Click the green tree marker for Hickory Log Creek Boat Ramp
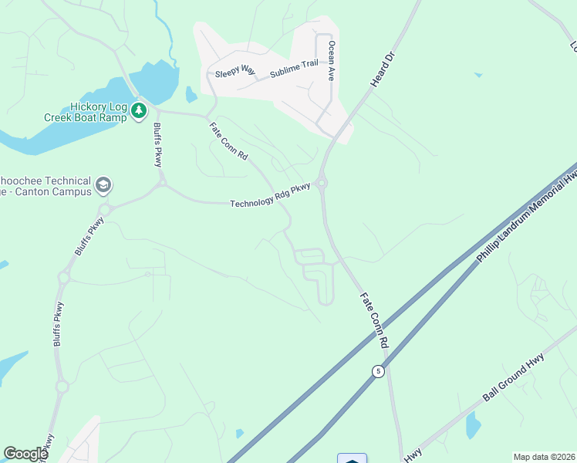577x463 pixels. coord(139,111)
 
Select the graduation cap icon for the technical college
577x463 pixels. coord(103,186)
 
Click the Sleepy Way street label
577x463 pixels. coord(235,70)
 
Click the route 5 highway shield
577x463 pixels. coord(377,371)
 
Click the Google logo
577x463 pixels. coord(25,454)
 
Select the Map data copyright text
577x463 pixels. coord(544,457)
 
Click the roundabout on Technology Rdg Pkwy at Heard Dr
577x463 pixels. coord(322,183)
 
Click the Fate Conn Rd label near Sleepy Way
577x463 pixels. coord(228,141)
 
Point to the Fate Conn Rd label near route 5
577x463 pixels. coord(374,318)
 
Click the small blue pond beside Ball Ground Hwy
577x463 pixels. coord(473,425)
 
